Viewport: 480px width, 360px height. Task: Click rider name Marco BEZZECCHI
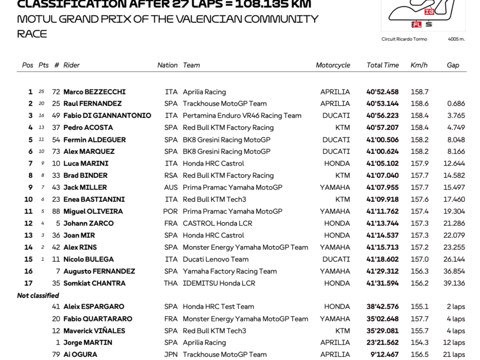pos(94,92)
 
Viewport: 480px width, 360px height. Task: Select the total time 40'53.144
pos(382,104)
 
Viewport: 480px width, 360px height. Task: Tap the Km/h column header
pos(419,65)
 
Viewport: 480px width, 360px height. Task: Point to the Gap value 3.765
pos(455,116)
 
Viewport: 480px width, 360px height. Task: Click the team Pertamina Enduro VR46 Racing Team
pos(242,116)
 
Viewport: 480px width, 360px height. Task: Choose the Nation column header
pos(167,65)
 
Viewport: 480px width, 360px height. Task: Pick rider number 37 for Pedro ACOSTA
pos(56,128)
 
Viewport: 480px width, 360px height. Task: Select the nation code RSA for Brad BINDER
pos(171,176)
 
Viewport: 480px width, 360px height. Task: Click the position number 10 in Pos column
pos(28,200)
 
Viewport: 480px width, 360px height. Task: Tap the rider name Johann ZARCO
pos(88,223)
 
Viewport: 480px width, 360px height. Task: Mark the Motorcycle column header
pos(333,65)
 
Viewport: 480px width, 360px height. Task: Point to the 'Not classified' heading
pos(38,295)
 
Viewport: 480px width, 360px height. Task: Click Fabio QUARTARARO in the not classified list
pos(98,319)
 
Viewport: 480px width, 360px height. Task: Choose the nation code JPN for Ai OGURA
pos(171,355)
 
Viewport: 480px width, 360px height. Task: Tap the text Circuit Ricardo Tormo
pos(404,39)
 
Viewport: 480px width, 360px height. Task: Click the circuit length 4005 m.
pos(456,39)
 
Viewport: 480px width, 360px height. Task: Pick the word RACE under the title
pos(32,34)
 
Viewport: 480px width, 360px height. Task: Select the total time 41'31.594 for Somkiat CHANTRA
pos(382,283)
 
